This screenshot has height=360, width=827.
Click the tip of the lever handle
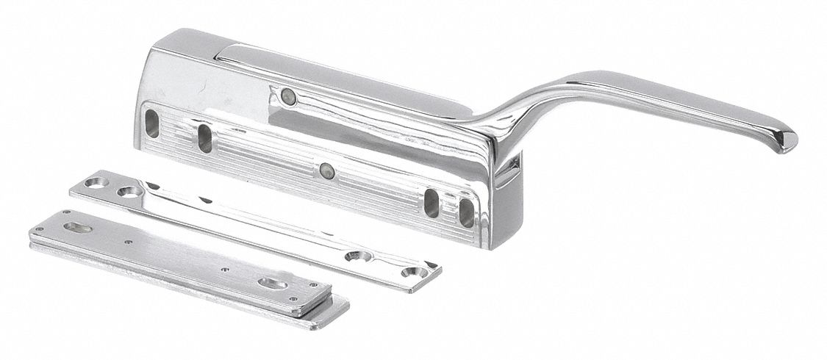click(x=786, y=144)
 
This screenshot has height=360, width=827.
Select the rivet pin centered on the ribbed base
click(x=326, y=171)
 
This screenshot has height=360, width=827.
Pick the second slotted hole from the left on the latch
click(x=205, y=137)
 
